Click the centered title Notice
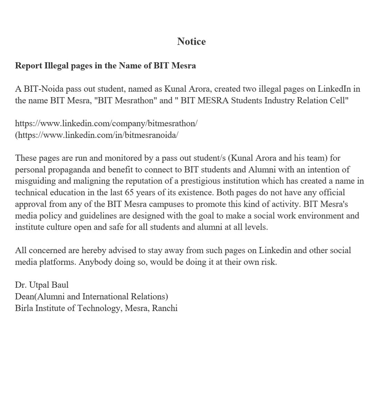pyautogui.click(x=191, y=41)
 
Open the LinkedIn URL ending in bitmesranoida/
pyautogui.click(x=98, y=135)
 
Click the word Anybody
pyautogui.click(x=95, y=262)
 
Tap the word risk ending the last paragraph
pyautogui.click(x=269, y=262)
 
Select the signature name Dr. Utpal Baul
pyautogui.click(x=42, y=285)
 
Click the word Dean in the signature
pyautogui.click(x=24, y=296)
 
